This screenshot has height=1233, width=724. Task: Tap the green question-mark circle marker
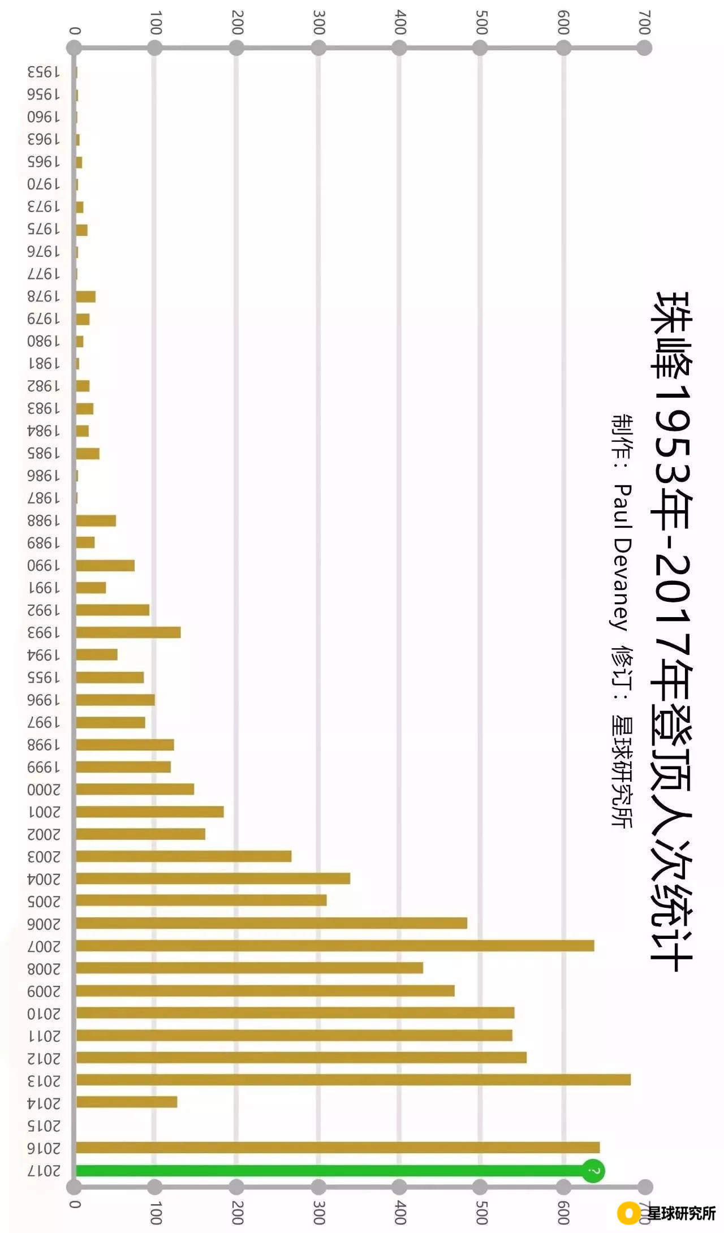click(593, 1170)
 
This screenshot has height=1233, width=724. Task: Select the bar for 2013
click(354, 1080)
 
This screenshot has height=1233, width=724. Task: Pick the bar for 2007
click(335, 946)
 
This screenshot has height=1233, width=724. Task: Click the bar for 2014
click(127, 1102)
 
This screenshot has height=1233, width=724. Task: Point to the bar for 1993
click(128, 632)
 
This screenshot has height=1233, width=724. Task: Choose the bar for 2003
click(184, 856)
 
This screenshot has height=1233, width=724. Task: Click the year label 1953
click(44, 72)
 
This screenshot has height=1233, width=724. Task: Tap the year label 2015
click(44, 1126)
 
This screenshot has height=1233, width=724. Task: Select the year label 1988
click(44, 520)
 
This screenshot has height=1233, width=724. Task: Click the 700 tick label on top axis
click(644, 23)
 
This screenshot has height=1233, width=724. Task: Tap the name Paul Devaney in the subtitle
click(622, 557)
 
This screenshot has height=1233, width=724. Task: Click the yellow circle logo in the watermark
click(628, 1213)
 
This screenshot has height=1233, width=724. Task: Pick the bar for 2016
click(338, 1148)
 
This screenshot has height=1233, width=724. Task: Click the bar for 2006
click(271, 923)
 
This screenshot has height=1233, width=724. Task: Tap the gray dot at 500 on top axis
click(480, 48)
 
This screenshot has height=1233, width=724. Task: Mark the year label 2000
click(44, 790)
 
